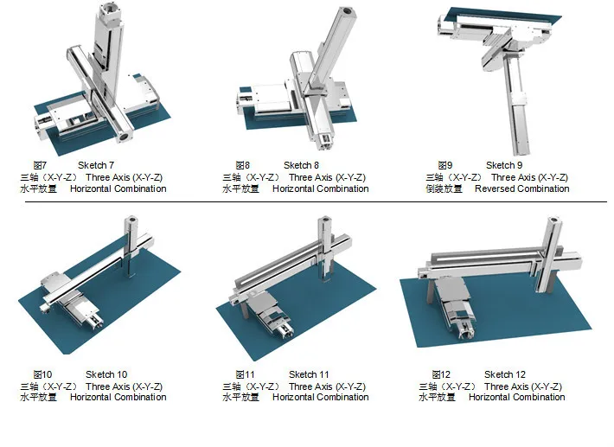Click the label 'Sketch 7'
point(96,165)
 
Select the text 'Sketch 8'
point(301,165)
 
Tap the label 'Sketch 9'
point(504,165)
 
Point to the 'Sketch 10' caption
point(106,374)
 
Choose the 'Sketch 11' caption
point(309,374)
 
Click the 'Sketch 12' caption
point(505,374)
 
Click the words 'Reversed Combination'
point(521,188)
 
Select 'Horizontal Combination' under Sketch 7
point(118,188)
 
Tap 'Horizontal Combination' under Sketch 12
point(516,397)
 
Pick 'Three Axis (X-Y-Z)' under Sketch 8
point(327,177)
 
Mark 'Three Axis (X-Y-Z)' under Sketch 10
point(124,386)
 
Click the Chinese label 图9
point(445,165)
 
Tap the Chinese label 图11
point(245,374)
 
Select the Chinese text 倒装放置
point(443,188)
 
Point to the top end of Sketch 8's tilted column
point(349,13)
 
